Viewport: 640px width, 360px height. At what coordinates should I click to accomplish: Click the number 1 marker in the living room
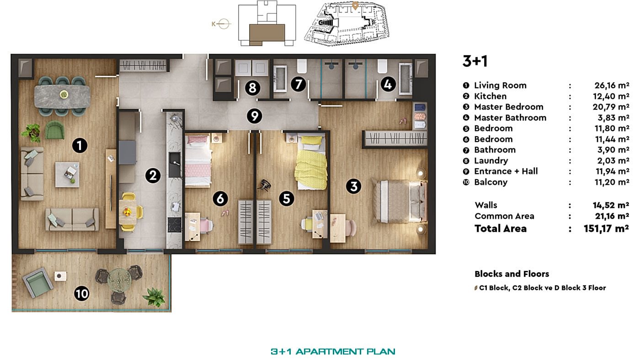coord(80,145)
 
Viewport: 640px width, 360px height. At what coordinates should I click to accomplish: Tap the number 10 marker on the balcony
coord(82,294)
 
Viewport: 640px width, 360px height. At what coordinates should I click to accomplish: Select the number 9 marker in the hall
coord(254,116)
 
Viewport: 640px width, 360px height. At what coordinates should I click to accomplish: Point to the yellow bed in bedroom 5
coord(312,162)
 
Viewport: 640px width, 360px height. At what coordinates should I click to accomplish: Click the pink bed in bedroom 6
coord(198,161)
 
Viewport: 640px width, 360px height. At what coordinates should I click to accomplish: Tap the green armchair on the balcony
coord(37,282)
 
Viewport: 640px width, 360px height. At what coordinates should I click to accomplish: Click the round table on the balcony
coord(119,280)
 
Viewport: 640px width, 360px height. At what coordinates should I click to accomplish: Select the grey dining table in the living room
coord(62,96)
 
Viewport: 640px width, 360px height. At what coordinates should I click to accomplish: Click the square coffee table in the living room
coord(68,175)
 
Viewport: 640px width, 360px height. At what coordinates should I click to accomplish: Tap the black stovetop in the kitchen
coord(174,225)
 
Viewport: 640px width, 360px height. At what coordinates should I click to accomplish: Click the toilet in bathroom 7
coord(302,66)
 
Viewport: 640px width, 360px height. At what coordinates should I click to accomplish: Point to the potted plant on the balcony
coord(155,297)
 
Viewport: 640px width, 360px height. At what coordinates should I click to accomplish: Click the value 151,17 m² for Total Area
coord(606,228)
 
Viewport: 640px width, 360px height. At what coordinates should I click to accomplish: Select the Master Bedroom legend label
coord(508,107)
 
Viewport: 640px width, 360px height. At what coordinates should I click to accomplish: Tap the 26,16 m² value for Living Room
coord(612,85)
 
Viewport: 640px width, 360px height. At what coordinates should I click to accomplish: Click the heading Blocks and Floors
coord(512,274)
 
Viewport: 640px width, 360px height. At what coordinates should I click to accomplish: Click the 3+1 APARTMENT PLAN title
coord(333,351)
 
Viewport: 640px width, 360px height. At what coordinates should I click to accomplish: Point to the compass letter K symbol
coord(213,24)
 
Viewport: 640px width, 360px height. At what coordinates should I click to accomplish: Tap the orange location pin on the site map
coord(355,5)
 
